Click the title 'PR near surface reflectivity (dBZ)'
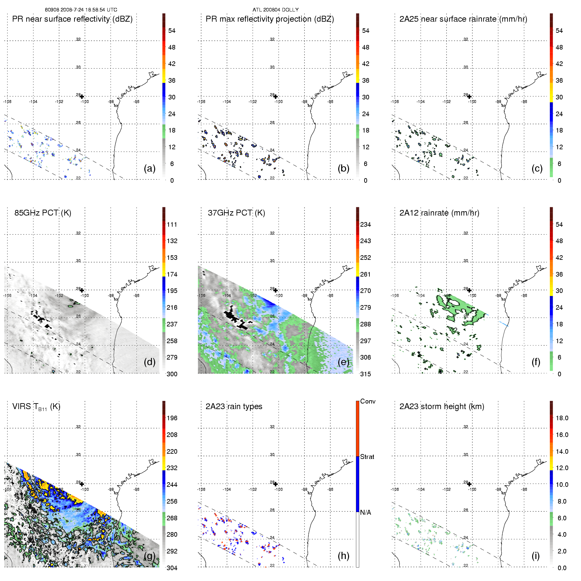(72, 19)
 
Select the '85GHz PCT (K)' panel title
(43, 213)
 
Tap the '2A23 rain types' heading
(234, 406)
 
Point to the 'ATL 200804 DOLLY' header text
(276, 10)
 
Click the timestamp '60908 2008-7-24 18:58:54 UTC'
(81, 10)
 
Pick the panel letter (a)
(150, 168)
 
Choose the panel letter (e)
(343, 362)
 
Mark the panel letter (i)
(535, 556)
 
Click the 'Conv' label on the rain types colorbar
(368, 401)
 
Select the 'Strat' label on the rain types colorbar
(367, 457)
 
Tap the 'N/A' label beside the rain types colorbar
(365, 512)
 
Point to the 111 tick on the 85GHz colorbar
(172, 224)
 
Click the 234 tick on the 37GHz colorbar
(365, 224)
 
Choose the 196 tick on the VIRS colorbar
(172, 418)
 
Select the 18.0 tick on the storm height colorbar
(562, 418)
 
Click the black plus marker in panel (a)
(82, 96)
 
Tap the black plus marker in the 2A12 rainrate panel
(469, 290)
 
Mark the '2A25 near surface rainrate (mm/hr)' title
(463, 19)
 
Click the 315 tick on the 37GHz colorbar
(365, 374)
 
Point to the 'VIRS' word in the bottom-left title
(22, 406)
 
